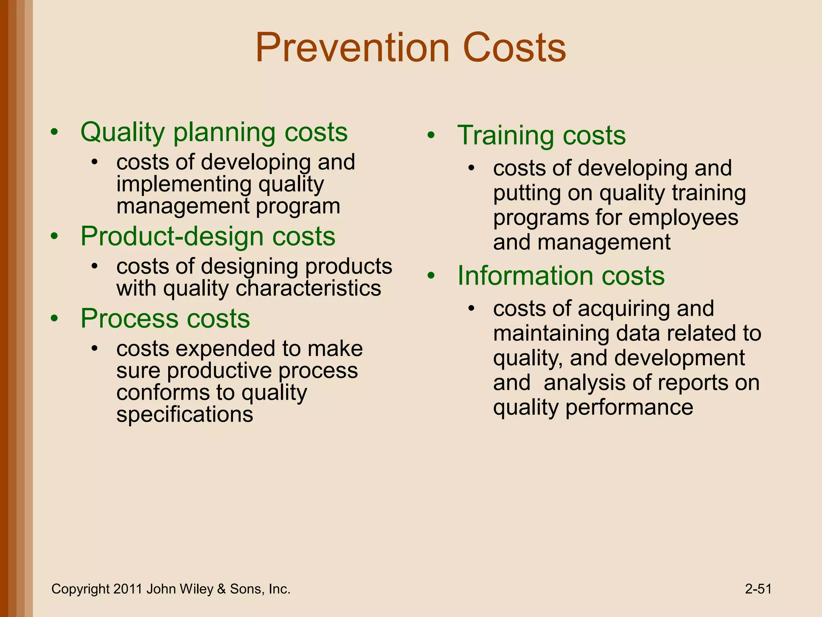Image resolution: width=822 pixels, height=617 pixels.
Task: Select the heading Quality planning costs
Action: pos(214,133)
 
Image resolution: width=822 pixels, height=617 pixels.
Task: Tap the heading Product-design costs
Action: pos(208,236)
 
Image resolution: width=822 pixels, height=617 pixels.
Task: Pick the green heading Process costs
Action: pos(165,319)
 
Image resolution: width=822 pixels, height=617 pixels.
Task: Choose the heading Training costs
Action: pos(541,135)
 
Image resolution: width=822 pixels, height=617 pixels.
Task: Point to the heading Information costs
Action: pos(561,276)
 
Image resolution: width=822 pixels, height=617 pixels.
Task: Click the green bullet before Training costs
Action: pos(431,136)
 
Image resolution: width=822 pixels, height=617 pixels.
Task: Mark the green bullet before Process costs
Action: pos(55,319)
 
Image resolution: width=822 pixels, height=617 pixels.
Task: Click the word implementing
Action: pos(183,184)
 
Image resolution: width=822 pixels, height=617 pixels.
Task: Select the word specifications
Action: pos(185,415)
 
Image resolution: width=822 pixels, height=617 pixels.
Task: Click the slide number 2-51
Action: pos(758,589)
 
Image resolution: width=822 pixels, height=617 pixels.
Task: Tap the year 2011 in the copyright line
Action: pos(128,589)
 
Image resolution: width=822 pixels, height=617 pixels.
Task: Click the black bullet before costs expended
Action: pos(95,348)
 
